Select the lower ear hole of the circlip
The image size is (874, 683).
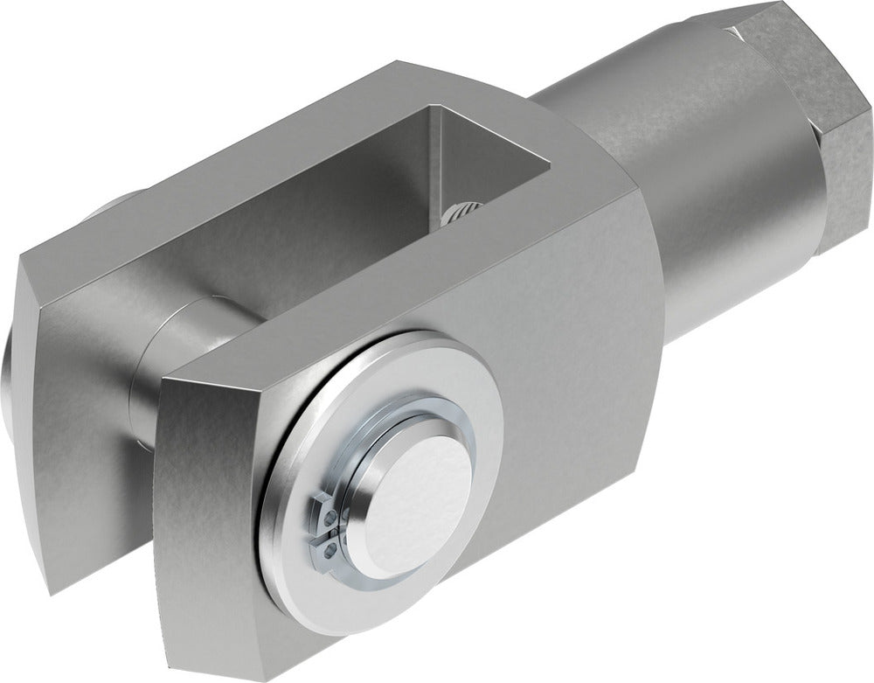(324, 548)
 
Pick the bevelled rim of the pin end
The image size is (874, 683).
(367, 490)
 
